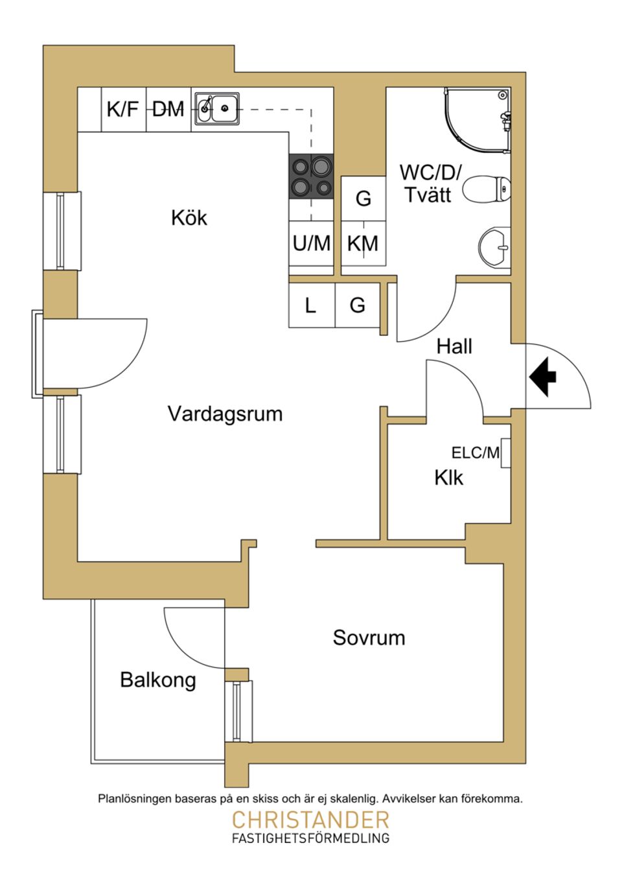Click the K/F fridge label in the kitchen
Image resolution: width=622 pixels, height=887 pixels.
pos(122,109)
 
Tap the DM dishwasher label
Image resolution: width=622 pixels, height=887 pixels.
pos(168,110)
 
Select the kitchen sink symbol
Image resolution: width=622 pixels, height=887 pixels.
pos(217,108)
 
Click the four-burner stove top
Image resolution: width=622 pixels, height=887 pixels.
pos(311,176)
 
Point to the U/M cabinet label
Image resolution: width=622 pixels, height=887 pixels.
pos(311,243)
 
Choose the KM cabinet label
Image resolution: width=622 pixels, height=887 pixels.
pos(363,244)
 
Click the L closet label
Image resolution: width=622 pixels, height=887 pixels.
pos(311,305)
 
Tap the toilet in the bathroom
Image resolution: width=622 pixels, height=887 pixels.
pos(487,189)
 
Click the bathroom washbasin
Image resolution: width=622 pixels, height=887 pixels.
pos(496,247)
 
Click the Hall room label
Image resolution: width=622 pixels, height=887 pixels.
pos(454,346)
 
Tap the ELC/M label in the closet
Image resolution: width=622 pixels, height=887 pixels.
pos(476,453)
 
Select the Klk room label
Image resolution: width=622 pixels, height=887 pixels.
pos(448,478)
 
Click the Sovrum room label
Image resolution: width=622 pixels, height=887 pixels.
pos(369,637)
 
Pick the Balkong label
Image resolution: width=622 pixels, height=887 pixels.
pos(158,680)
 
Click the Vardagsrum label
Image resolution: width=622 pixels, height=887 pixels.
pos(225,414)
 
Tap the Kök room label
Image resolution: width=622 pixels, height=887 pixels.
pos(189,217)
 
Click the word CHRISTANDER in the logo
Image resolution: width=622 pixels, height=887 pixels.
pos(310,820)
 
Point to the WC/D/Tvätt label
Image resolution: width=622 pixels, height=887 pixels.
pos(430,183)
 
